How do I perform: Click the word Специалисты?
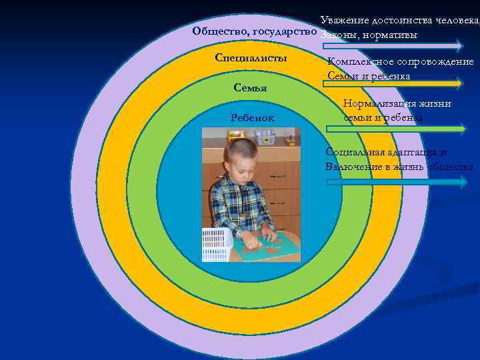click(251, 58)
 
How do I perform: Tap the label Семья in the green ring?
click(251, 88)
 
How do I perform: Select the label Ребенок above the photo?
click(251, 118)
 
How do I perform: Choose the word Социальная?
click(359, 152)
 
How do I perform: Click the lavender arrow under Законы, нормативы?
click(393, 46)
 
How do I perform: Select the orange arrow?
click(393, 83)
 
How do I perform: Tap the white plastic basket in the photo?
click(217, 243)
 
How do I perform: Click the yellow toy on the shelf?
click(234, 135)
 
